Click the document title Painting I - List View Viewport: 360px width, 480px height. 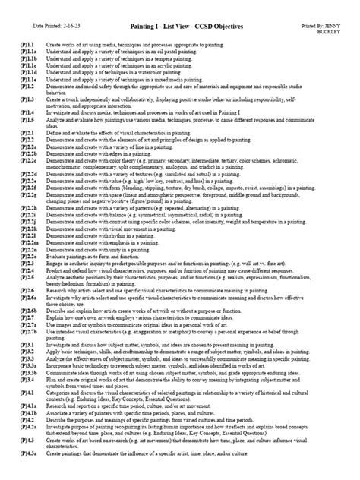[179, 27]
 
